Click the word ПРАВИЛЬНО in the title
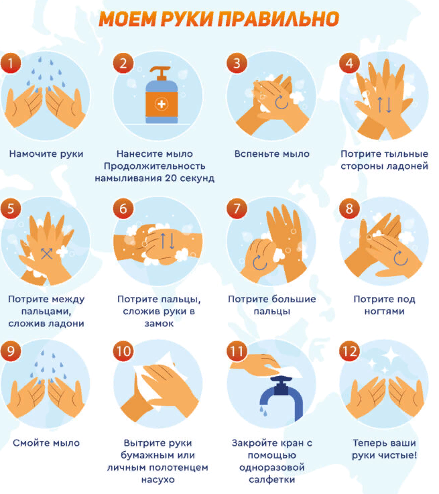278,19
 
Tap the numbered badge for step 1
11,63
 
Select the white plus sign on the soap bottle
162,104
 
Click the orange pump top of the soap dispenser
161,74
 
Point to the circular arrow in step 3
281,103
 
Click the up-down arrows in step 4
385,105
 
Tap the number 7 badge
237,208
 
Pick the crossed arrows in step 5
47,253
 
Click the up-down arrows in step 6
168,241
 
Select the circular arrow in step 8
400,258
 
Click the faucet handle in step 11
281,385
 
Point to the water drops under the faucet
263,410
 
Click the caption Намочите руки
46,153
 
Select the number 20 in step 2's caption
171,178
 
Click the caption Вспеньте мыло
271,153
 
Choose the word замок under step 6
159,324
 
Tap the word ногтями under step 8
384,311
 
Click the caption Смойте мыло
46,443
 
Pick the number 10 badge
123,351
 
